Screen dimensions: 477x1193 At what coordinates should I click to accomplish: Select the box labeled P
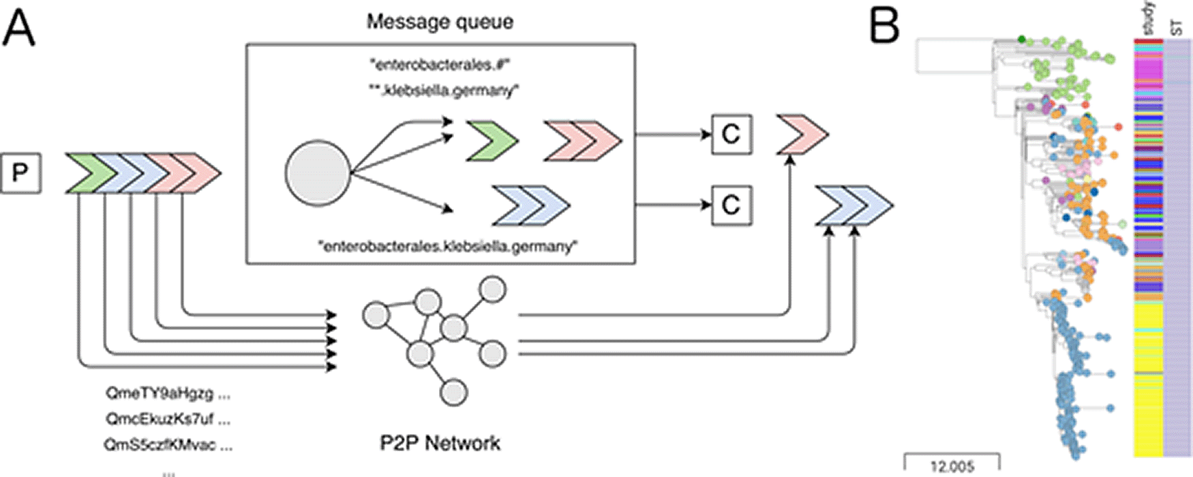coord(20,173)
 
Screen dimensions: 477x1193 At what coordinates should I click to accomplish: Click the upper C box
coord(731,134)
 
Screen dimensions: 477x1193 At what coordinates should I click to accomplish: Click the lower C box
coord(731,205)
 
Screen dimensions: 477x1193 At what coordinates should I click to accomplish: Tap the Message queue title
coord(440,22)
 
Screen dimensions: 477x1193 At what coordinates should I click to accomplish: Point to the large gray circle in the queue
coord(317,173)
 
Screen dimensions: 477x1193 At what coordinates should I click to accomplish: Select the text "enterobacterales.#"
coord(440,65)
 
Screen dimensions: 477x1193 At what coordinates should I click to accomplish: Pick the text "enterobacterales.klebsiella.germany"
coord(447,246)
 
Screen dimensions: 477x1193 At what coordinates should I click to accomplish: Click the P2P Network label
coord(440,444)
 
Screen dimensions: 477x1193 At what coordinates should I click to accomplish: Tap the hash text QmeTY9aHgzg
coord(168,393)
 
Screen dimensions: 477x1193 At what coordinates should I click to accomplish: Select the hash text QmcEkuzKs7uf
coord(168,418)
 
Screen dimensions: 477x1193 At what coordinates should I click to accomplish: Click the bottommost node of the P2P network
coord(453,393)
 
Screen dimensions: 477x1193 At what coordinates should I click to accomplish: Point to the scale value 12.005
coord(952,467)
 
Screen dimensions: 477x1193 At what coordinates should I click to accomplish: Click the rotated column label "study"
coord(1148,18)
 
